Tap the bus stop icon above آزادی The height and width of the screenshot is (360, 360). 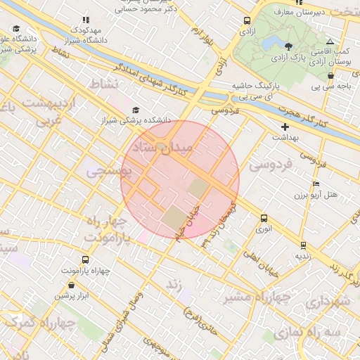point(247,21)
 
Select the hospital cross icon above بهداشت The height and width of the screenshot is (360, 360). point(285,127)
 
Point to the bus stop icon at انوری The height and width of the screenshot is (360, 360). point(264,218)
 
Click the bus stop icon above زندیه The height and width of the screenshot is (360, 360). point(303,245)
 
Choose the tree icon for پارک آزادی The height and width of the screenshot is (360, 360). point(289,46)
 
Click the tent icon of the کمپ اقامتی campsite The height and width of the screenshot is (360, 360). point(330,42)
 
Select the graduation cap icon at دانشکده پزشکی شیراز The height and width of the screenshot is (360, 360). point(135,110)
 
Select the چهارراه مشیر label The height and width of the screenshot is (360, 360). point(257,297)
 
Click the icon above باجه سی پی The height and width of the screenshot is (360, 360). point(330,76)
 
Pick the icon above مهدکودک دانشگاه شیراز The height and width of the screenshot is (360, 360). point(86,21)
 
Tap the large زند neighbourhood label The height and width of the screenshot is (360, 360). point(173,285)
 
